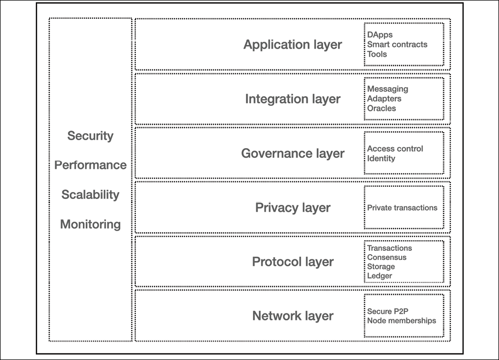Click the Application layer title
pyautogui.click(x=293, y=44)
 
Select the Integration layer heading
pyautogui.click(x=293, y=99)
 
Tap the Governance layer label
pyautogui.click(x=293, y=154)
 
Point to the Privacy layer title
pyautogui.click(x=293, y=208)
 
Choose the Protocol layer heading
pyautogui.click(x=293, y=262)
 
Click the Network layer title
pyautogui.click(x=293, y=316)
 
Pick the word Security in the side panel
pyautogui.click(x=90, y=136)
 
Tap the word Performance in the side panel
pyautogui.click(x=90, y=165)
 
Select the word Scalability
pyautogui.click(x=90, y=195)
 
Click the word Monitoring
pyautogui.click(x=90, y=225)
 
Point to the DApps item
pyautogui.click(x=380, y=35)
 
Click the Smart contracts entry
pyautogui.click(x=397, y=44)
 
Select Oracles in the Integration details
pyautogui.click(x=381, y=108)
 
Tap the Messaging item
pyautogui.click(x=388, y=89)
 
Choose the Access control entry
pyautogui.click(x=395, y=149)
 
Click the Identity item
pyautogui.click(x=381, y=158)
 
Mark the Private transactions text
pyautogui.click(x=402, y=208)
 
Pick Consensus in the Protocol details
pyautogui.click(x=387, y=257)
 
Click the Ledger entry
pyautogui.click(x=380, y=276)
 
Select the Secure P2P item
pyautogui.click(x=388, y=311)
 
